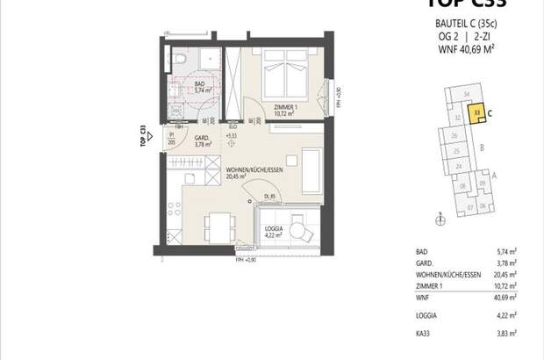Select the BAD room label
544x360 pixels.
[199, 85]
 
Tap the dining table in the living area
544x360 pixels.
[214, 220]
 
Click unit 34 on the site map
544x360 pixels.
[466, 93]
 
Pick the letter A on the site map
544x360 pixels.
[494, 175]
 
